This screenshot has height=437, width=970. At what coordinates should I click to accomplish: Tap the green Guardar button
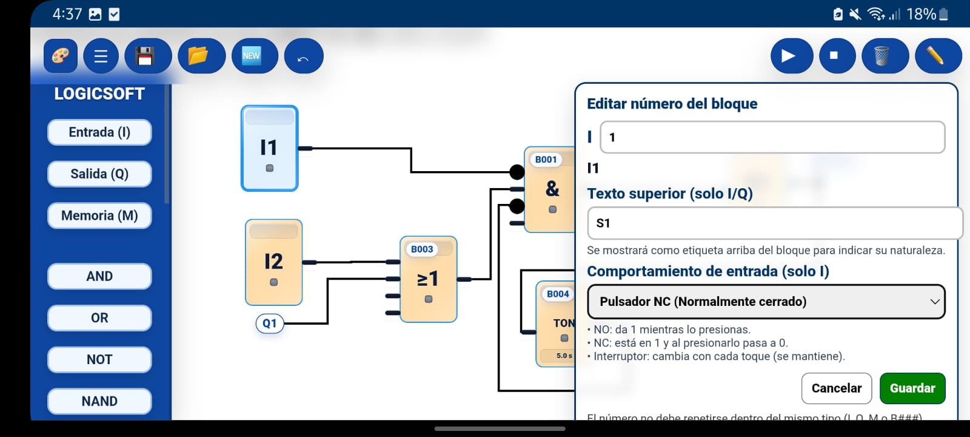(x=912, y=388)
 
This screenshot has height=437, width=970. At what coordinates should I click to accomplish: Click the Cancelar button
(x=836, y=388)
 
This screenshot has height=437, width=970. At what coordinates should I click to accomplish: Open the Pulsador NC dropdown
(x=766, y=302)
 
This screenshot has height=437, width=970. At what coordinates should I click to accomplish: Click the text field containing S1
(x=774, y=223)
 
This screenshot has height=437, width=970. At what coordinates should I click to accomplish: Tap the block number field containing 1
(x=772, y=137)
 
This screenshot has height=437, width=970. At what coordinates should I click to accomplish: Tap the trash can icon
(x=882, y=56)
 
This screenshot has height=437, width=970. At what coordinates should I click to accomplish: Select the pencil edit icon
(x=937, y=56)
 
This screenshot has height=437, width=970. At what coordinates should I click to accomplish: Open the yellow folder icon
(x=199, y=56)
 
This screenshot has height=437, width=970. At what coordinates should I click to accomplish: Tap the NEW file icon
(x=252, y=56)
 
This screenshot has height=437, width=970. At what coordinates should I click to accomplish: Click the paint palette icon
(x=61, y=56)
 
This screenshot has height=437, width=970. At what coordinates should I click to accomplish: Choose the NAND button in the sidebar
(x=99, y=401)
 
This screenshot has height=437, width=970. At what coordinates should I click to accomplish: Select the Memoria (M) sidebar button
(x=99, y=215)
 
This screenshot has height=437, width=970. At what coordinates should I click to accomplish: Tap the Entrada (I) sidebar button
(x=99, y=132)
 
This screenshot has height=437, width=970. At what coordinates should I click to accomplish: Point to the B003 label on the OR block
(x=422, y=249)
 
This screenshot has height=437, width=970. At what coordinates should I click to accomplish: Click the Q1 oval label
(x=270, y=324)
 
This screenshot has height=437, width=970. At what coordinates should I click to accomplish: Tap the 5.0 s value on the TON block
(x=564, y=356)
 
